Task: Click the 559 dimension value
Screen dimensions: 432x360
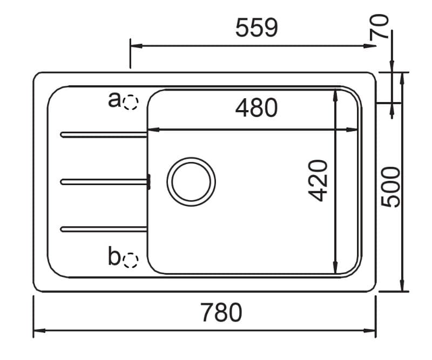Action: tap(257, 28)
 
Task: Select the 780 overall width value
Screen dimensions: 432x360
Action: tap(221, 313)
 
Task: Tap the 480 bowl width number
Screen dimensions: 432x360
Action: tap(256, 108)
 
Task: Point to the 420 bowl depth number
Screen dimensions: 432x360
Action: tap(318, 181)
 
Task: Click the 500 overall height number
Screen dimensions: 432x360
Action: tap(390, 187)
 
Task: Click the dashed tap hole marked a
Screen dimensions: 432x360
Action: tap(130, 103)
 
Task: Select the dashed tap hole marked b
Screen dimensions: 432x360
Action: tap(131, 260)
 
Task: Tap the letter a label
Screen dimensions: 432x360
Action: tap(114, 100)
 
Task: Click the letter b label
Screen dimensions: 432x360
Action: tap(114, 256)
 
